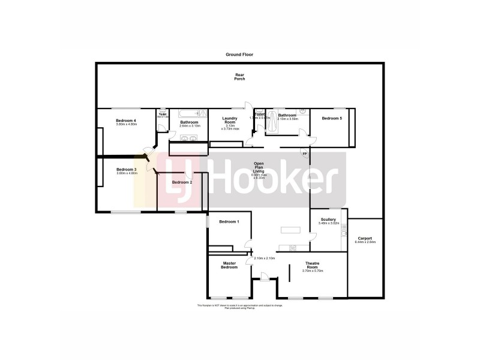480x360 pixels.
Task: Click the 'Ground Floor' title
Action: (239, 55)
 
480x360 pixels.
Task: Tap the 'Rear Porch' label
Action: (239, 77)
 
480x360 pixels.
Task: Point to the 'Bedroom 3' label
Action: (127, 170)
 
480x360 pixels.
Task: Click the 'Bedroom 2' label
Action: (182, 182)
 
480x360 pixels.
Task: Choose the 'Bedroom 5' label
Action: (332, 119)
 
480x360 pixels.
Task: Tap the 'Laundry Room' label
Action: (230, 120)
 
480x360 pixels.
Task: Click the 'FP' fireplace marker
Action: (304, 154)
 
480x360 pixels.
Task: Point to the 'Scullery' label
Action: (328, 220)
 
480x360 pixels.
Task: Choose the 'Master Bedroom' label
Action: (229, 265)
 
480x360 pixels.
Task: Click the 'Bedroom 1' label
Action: (229, 222)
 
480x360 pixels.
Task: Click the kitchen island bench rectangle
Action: (290, 230)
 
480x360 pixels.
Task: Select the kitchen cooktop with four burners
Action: (292, 247)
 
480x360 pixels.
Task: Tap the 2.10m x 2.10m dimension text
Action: (265, 259)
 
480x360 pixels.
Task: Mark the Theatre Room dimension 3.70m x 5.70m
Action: (313, 271)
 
